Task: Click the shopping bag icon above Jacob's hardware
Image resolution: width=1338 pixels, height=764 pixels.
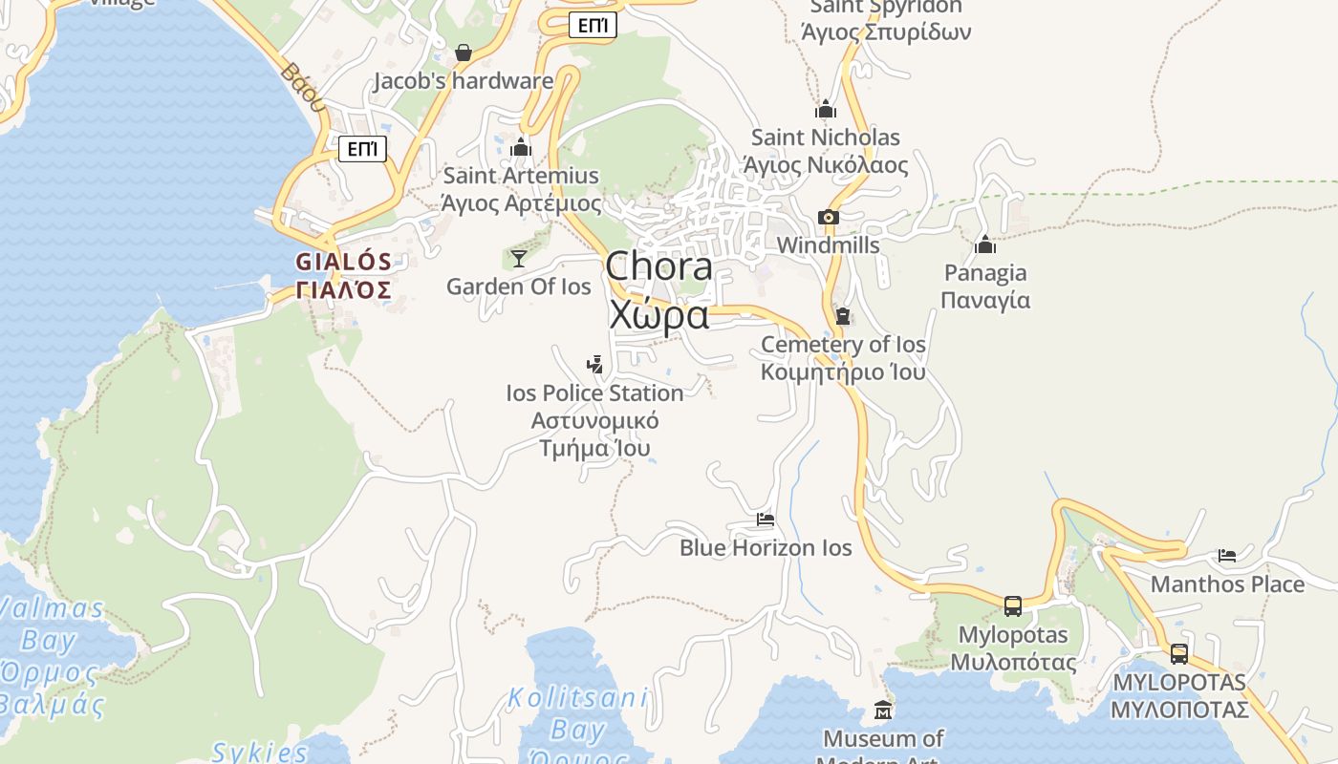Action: coord(464,53)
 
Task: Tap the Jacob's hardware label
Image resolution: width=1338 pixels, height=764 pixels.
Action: coord(463,81)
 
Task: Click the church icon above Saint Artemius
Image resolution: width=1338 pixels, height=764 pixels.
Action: coord(521,148)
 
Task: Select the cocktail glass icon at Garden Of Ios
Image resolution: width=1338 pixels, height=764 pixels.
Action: coord(518,258)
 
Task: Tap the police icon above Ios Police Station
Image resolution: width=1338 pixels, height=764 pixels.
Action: coord(594,364)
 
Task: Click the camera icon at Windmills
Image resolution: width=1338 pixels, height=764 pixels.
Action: coord(829,218)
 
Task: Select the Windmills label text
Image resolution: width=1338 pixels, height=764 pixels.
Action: coord(828,245)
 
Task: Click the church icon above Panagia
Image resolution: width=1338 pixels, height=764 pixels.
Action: coord(985,245)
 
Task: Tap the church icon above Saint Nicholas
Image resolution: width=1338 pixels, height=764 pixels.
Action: coord(826,110)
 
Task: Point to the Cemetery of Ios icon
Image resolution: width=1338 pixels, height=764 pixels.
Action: coord(843,315)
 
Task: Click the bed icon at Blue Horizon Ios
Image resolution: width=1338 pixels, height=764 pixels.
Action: coord(766,520)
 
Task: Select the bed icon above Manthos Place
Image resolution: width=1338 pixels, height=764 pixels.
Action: coord(1227,556)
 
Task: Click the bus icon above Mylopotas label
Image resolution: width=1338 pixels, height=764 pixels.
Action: coord(1012,605)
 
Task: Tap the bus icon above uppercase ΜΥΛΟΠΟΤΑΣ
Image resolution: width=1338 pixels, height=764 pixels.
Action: coord(1179,654)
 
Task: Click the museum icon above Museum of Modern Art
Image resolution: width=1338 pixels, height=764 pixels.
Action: coord(883,711)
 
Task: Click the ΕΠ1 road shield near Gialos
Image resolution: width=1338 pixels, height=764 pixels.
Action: coord(362,149)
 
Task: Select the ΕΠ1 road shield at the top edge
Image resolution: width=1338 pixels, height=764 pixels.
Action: coord(592,26)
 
